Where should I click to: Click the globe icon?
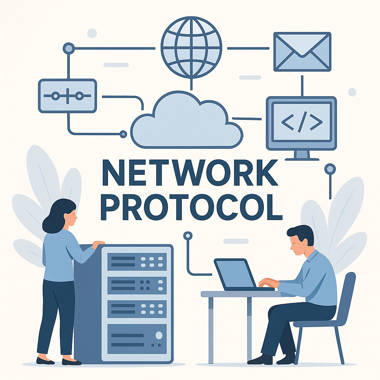click(191, 47)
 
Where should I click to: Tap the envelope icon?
click(302, 52)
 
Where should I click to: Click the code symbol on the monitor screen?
click(302, 122)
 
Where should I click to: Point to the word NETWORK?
click(190, 173)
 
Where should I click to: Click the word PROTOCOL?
click(191, 207)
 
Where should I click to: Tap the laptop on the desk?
click(242, 275)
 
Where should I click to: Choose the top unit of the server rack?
click(137, 262)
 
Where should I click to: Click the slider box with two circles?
click(68, 96)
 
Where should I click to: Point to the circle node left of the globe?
click(69, 49)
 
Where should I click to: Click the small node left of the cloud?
click(123, 134)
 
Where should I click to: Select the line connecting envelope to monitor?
click(302, 86)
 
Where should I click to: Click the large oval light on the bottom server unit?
click(159, 335)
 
